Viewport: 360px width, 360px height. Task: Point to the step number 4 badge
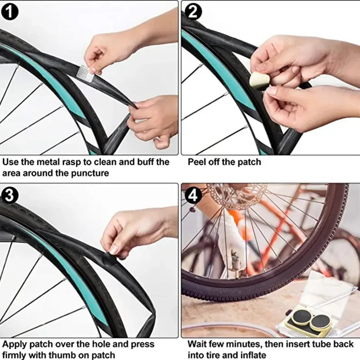point(193,195)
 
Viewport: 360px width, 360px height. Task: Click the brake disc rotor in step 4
point(237,196)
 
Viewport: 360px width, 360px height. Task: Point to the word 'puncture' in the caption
point(90,173)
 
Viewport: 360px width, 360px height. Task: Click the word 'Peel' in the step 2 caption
point(197,162)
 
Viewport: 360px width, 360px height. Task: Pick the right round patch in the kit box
point(320,321)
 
